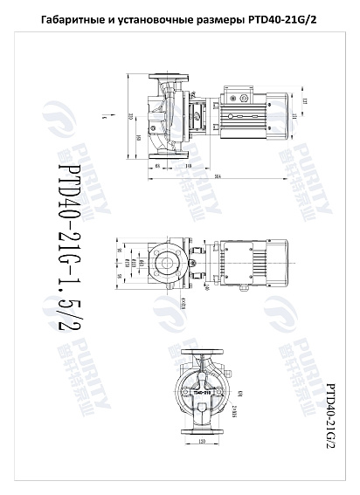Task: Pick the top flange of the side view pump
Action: [x=166, y=83]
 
